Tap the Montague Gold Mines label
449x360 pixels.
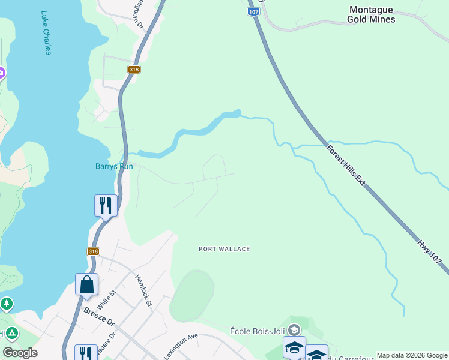coord(371,14)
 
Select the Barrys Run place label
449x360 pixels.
coord(114,166)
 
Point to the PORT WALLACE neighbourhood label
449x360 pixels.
coord(224,249)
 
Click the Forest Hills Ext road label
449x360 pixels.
coord(346,164)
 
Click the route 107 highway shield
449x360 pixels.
coord(253,11)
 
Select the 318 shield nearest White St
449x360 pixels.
coord(93,252)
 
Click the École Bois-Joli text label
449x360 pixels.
coord(258,331)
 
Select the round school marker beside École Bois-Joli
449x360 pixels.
coord(294,330)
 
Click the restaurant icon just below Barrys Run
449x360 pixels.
coord(106,205)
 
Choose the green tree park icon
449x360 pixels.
coord(7,304)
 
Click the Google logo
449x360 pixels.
coord(20,353)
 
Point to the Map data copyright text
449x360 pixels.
coord(412,355)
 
